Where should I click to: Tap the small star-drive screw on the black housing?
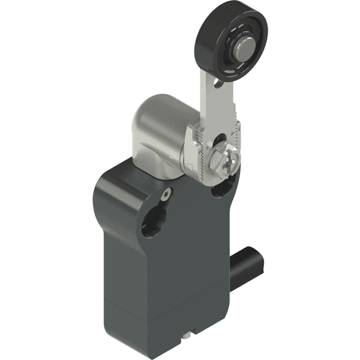(x=167, y=193)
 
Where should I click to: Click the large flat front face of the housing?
(x=168, y=264)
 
